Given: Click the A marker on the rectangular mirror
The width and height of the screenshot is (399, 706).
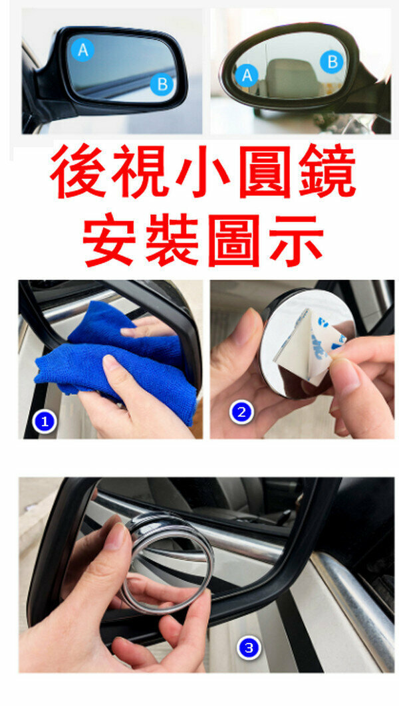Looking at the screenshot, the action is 83,50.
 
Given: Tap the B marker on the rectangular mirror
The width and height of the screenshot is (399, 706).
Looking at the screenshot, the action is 162,84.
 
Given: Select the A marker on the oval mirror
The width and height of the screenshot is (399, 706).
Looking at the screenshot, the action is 247,75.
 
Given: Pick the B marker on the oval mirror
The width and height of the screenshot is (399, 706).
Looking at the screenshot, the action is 332,62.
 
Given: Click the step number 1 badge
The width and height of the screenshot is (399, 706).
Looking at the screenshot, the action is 45,422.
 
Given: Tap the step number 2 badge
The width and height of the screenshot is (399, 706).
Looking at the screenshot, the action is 242,412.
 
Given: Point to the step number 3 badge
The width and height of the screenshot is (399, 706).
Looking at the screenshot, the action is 249,648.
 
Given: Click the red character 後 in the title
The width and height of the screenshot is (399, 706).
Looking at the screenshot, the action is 77,172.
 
